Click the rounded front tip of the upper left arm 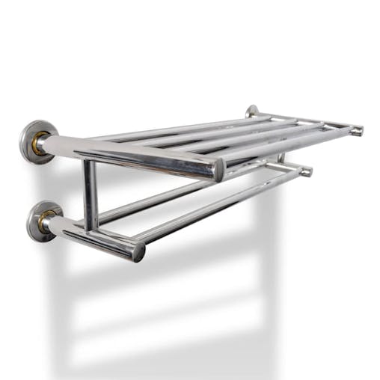tap(218, 171)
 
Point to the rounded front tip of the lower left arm tap(138, 251)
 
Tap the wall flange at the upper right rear tap(252, 111)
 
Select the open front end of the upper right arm tap(358, 131)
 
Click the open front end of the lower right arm tap(305, 171)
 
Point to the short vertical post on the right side tap(281, 159)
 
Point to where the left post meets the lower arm tap(91, 227)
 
